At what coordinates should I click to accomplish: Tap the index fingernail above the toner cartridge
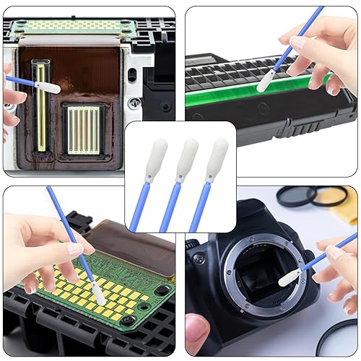297,42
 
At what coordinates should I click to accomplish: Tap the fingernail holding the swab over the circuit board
74,249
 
